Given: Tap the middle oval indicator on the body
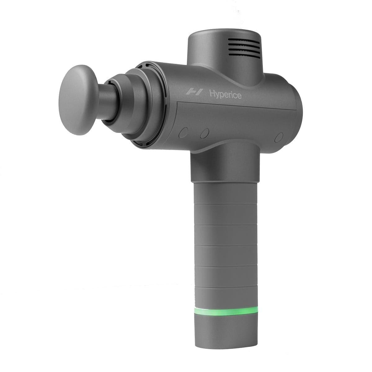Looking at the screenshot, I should (x=204, y=133).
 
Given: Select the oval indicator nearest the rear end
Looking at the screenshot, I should (x=279, y=137).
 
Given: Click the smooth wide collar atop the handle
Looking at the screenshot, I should (x=224, y=164).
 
